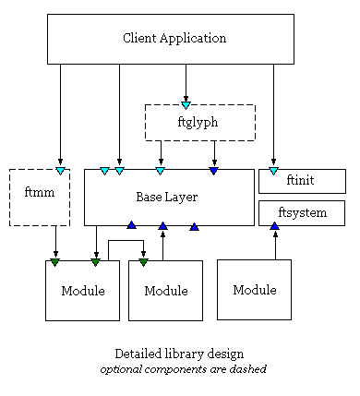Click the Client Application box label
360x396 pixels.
tap(174, 39)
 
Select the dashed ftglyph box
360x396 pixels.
tap(199, 122)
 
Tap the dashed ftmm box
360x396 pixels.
tap(39, 197)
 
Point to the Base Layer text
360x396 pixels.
tap(167, 197)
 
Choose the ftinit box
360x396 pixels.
tap(301, 181)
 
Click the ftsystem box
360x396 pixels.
tap(301, 213)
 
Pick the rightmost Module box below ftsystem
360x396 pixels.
tap(254, 290)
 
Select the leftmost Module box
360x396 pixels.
tap(82, 291)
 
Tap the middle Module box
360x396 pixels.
tap(165, 291)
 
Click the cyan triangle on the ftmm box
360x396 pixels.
tap(60, 171)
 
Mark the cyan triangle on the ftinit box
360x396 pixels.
tap(273, 171)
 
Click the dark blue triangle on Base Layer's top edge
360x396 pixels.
tap(214, 171)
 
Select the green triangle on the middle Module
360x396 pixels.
tap(143, 263)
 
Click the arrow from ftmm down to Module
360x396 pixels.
tap(55, 242)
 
